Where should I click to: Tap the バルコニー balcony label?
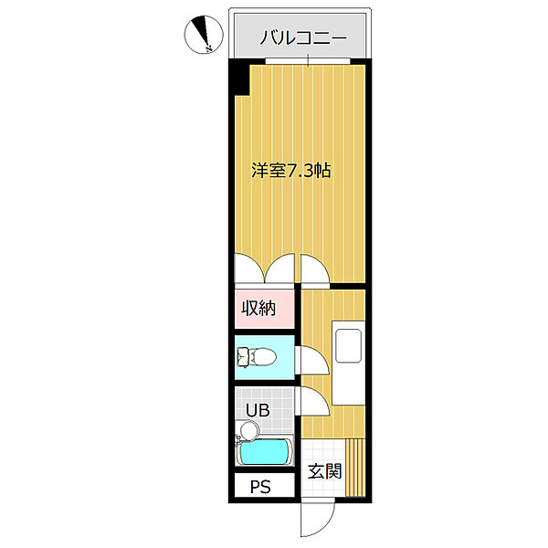[301, 37]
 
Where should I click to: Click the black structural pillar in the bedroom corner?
[239, 79]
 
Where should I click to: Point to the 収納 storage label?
[258, 308]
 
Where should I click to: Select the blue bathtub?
[264, 452]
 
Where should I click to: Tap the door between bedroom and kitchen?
[315, 269]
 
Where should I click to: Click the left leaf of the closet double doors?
[248, 269]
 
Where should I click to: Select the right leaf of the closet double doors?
[281, 269]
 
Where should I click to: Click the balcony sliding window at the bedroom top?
[308, 61]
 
